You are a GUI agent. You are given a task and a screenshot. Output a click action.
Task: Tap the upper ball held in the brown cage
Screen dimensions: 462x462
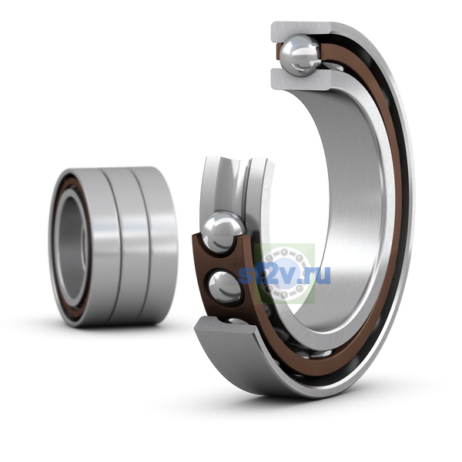[x=223, y=232]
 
